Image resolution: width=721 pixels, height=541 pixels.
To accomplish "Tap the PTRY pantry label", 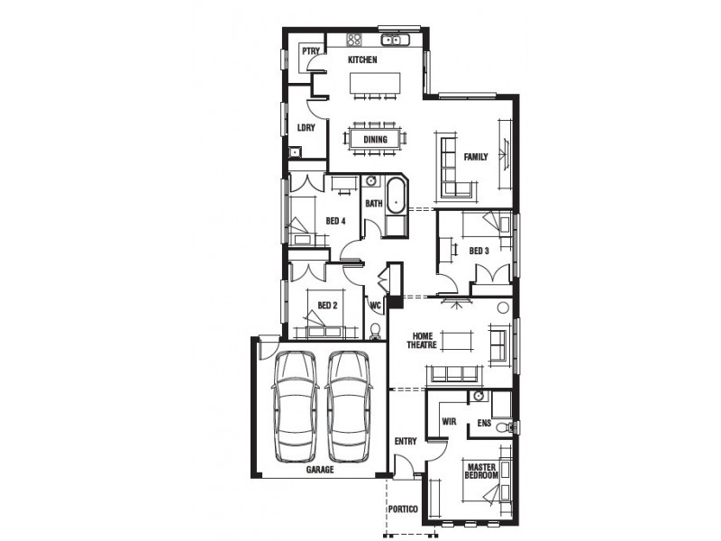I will click(x=311, y=51).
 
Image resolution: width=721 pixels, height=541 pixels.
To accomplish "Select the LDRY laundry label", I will click(x=306, y=128).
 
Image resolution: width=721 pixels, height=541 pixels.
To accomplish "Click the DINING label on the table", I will click(x=375, y=140).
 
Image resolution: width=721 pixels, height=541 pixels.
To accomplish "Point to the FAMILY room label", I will click(x=475, y=157).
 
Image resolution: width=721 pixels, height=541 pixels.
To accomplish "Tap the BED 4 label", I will click(x=336, y=221).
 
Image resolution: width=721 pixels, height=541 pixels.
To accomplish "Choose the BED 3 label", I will click(x=479, y=251).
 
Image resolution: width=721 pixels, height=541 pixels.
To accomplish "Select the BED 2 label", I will click(x=327, y=305).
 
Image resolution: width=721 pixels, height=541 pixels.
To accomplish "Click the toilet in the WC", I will click(x=377, y=330).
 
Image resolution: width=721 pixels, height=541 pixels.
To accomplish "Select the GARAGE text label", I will click(x=319, y=470).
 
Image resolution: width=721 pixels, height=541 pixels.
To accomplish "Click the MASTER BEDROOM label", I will click(x=481, y=470).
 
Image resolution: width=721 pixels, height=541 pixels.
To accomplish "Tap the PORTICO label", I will click(x=403, y=510).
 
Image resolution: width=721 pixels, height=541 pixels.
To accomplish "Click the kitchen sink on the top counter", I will click(x=395, y=39).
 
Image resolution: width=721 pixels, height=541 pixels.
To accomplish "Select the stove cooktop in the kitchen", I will click(x=354, y=39).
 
